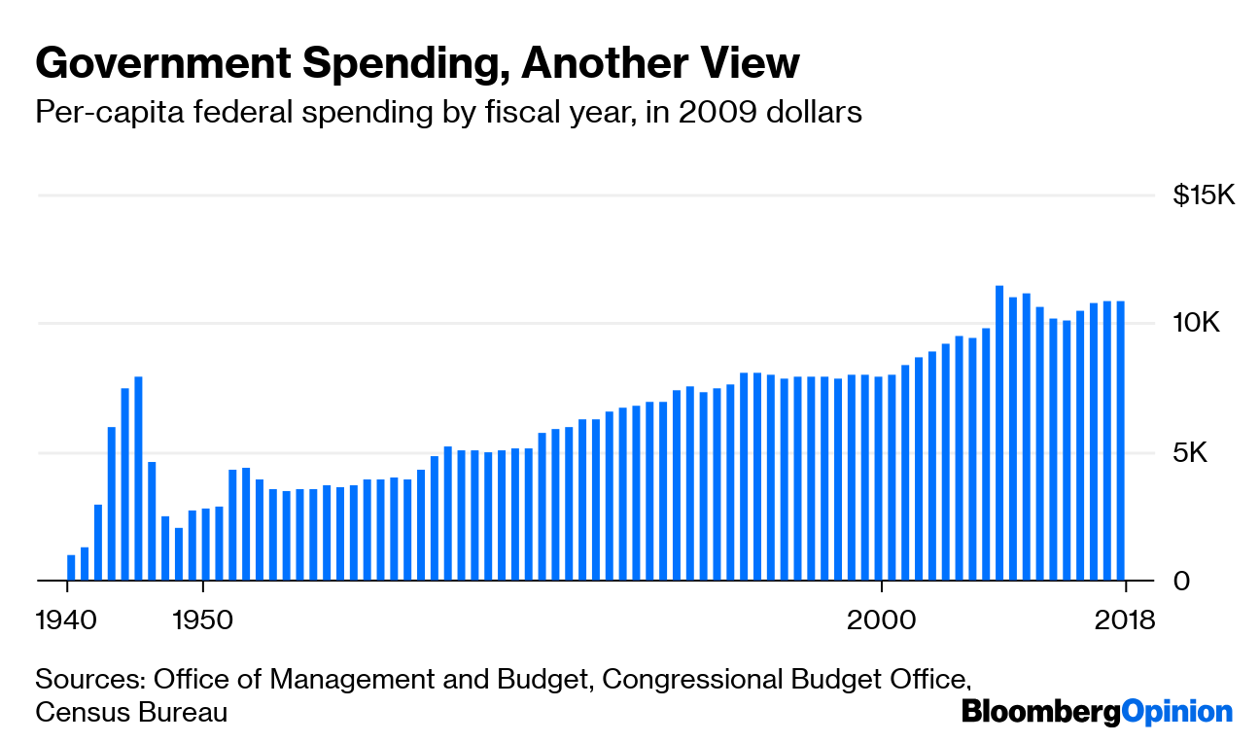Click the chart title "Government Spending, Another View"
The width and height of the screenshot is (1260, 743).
[x=417, y=64]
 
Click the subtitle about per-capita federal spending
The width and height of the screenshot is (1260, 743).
[x=448, y=113]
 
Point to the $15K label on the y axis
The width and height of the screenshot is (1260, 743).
[x=1203, y=196]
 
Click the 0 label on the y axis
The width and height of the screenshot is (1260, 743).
[x=1180, y=582]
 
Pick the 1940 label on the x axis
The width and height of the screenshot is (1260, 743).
[x=67, y=619]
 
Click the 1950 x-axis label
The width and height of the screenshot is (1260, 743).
[x=202, y=619]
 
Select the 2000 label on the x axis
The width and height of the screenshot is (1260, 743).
[x=881, y=619]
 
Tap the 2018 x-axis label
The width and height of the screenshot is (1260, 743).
[x=1125, y=619]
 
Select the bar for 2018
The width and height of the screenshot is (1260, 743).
[x=1121, y=441]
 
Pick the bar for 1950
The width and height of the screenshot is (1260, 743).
[x=206, y=545]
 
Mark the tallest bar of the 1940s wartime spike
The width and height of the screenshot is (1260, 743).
[x=138, y=478]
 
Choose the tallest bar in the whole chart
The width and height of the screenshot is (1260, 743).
[x=999, y=433]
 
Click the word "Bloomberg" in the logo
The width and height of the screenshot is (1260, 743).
[x=1040, y=712]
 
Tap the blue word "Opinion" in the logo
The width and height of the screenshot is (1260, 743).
[x=1176, y=712]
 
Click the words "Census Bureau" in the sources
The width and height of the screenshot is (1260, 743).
[x=131, y=713]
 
